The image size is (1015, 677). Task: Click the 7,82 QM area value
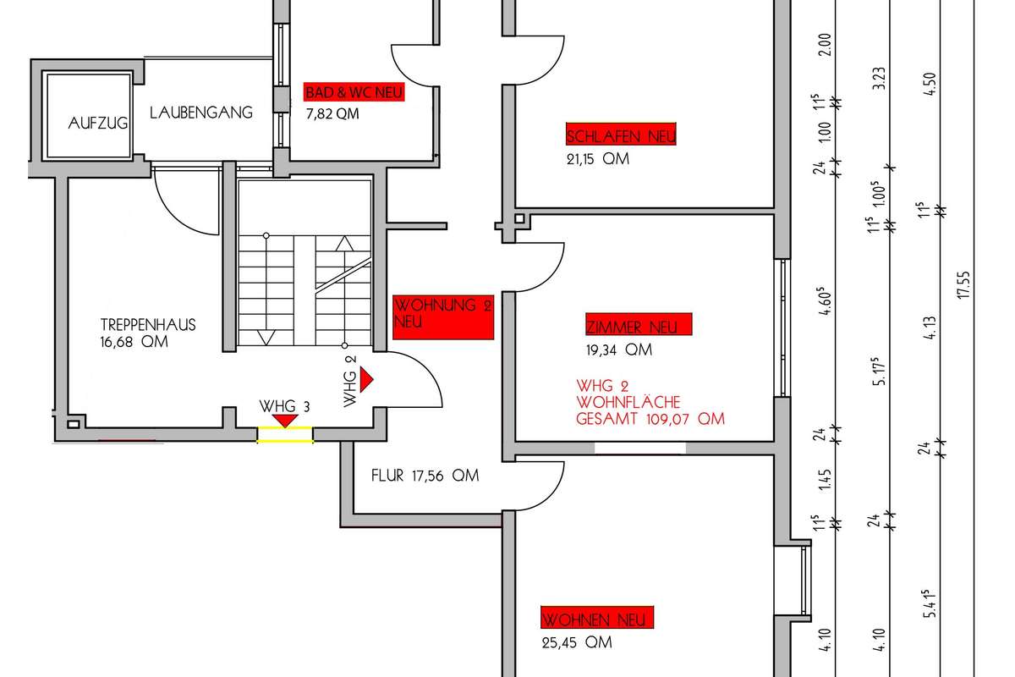point(332,114)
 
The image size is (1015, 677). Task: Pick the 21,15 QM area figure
point(598,158)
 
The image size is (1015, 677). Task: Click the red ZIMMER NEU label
point(638,325)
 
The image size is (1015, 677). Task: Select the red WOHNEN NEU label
point(598,619)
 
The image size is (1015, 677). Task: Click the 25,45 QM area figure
point(576,642)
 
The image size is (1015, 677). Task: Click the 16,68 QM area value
point(134,342)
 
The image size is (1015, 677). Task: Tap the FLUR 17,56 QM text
point(425,476)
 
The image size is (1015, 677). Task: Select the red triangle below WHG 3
point(286,420)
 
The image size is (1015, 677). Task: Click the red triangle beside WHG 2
point(365,382)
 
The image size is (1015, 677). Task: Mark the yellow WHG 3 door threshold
point(285,435)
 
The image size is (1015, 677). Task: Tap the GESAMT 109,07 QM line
point(650,418)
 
